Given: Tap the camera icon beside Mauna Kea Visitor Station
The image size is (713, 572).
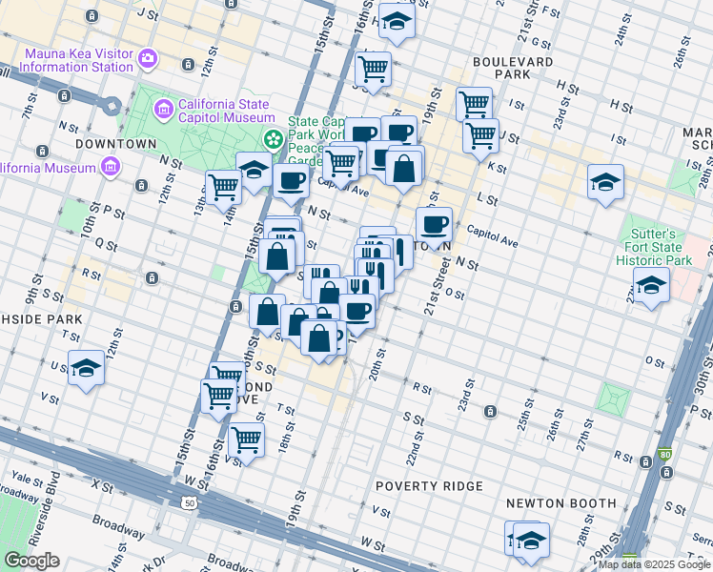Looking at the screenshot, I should tap(148, 59).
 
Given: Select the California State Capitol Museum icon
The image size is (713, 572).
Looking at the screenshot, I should tap(165, 110).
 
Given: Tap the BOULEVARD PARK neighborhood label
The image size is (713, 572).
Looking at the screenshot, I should tap(513, 68).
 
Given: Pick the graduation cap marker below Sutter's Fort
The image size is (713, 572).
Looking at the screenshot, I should tap(651, 285).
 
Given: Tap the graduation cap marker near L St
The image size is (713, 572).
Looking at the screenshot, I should tap(605, 181).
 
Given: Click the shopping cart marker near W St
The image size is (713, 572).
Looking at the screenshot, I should tap(246, 440).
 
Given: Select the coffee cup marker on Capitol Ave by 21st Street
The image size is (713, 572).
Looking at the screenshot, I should tap(434, 225).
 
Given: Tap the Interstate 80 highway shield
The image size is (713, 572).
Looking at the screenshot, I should tap(664, 456).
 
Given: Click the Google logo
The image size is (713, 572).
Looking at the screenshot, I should tap(31, 561).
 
